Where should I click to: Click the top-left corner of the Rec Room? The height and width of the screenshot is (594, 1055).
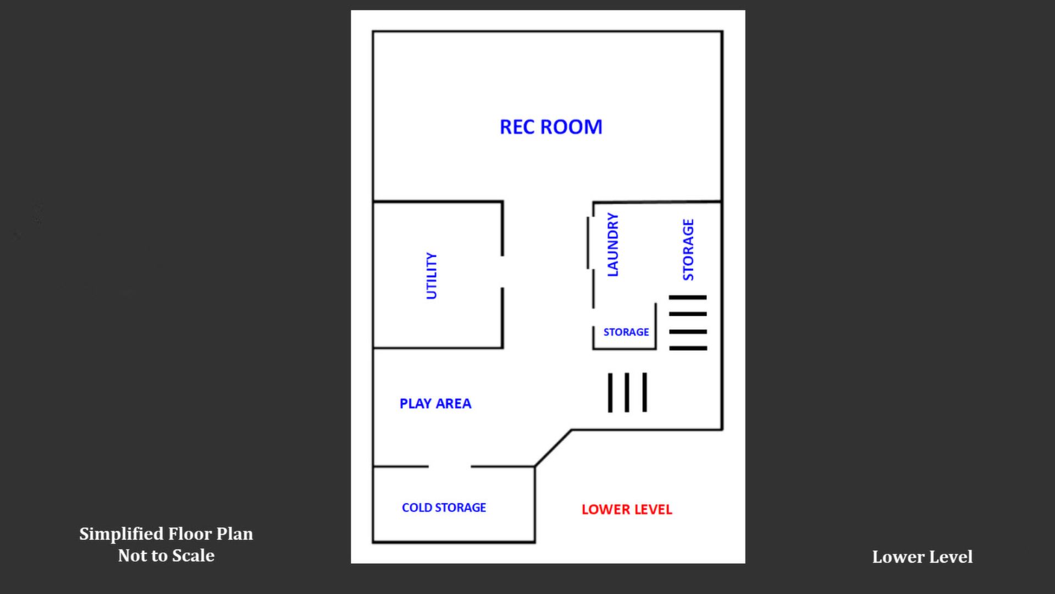coord(373,32)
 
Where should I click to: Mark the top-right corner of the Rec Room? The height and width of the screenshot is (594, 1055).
coord(722,32)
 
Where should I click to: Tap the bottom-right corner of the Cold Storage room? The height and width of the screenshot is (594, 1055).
coord(535,542)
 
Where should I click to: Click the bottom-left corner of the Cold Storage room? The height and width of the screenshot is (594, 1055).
coord(373,542)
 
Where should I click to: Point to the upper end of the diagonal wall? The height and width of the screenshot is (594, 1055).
coord(571,430)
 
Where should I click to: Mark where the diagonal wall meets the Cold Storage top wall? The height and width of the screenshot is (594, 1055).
coord(535,466)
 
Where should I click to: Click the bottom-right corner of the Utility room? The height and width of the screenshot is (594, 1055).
coord(502,348)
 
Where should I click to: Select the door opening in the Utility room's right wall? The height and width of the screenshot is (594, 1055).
coord(502,272)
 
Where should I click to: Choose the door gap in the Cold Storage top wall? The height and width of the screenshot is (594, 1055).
coord(450,466)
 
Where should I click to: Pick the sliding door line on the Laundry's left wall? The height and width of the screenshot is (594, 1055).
coord(588,243)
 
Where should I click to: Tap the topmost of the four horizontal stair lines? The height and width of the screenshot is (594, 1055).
coord(688,298)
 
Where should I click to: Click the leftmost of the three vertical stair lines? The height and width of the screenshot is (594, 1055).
coord(610,393)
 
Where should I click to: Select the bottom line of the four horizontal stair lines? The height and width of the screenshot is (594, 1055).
coord(688,348)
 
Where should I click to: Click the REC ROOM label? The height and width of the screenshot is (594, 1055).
coord(551,127)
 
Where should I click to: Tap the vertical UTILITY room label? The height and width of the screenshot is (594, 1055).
coord(432,276)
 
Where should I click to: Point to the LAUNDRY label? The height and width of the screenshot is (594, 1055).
coord(612,245)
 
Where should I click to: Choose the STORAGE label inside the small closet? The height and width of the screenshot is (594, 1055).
coord(626,332)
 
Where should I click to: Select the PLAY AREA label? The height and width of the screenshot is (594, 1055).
coord(435,404)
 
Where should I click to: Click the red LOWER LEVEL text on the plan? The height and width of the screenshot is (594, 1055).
coord(627,509)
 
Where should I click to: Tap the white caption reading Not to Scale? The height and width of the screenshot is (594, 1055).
coord(166,555)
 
